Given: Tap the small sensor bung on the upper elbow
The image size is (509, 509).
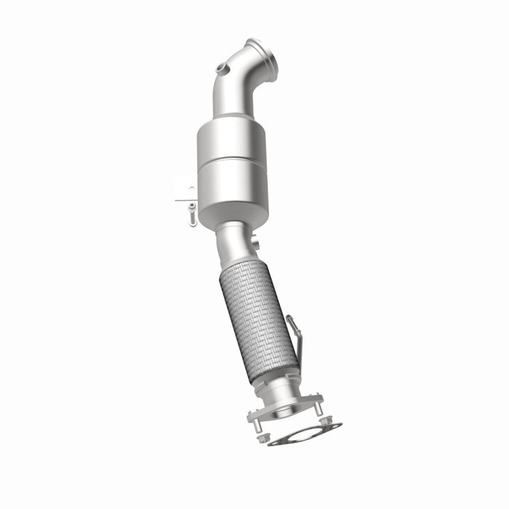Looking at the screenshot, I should pos(223,68).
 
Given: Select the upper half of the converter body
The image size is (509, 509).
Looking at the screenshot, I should pos(231,142).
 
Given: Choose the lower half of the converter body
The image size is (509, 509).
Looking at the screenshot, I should pos(233,193).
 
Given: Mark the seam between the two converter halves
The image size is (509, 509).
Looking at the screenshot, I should pos(231,164).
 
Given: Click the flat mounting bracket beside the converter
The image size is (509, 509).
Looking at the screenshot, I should pos(185,191).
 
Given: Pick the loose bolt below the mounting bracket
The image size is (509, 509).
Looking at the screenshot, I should pos(192,215).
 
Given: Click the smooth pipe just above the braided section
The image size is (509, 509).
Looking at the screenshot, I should pos(234,244).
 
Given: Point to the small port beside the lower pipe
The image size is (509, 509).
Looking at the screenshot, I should pos(255,241).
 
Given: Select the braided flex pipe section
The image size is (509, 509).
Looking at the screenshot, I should pos(258,320).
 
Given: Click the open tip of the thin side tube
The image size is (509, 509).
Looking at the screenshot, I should pos(289,318).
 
